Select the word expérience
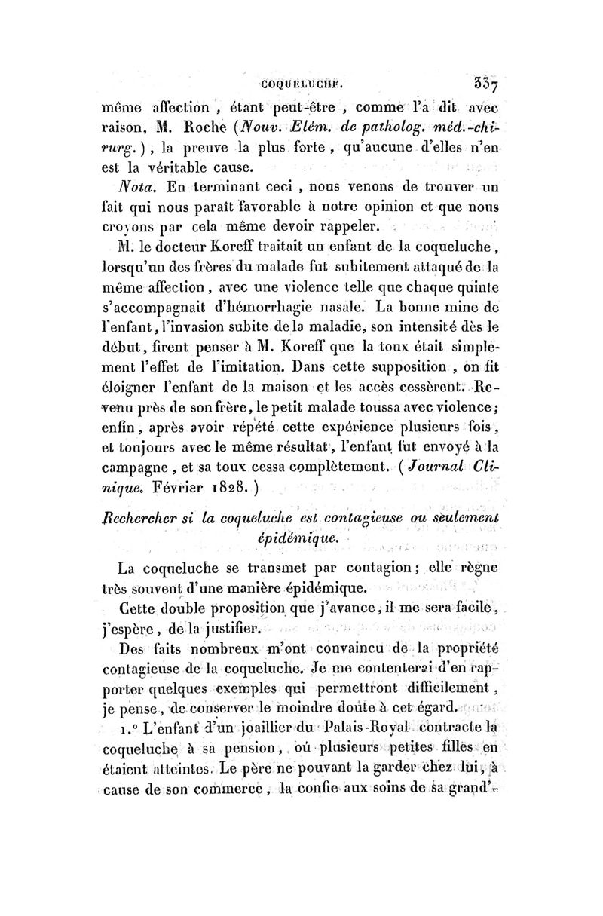point(332,434)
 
